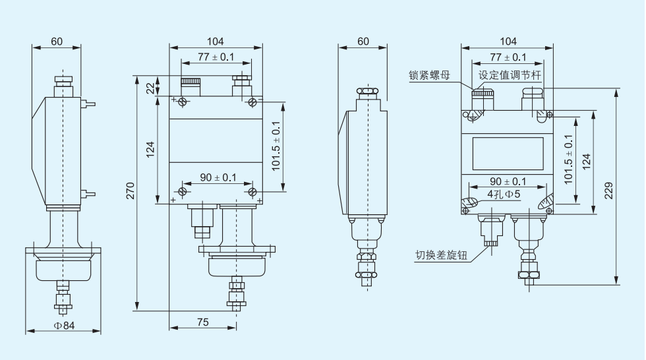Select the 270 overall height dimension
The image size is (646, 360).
(131, 191)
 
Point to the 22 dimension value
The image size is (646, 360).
(150, 88)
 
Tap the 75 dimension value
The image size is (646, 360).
(202, 322)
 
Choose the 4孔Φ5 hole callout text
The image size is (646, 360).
(504, 195)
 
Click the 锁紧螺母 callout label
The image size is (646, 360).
(430, 76)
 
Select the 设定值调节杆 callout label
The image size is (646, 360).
(509, 75)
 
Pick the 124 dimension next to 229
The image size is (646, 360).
(586, 160)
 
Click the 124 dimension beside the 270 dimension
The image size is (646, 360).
(150, 150)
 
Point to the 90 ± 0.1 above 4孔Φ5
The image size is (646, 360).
(508, 181)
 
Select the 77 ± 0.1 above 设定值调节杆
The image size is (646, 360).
(508, 57)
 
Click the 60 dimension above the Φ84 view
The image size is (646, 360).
(57, 41)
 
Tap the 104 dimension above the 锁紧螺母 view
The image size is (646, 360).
(508, 41)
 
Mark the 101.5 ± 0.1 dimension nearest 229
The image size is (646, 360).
(568, 158)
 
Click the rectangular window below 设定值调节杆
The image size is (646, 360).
(507, 153)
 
